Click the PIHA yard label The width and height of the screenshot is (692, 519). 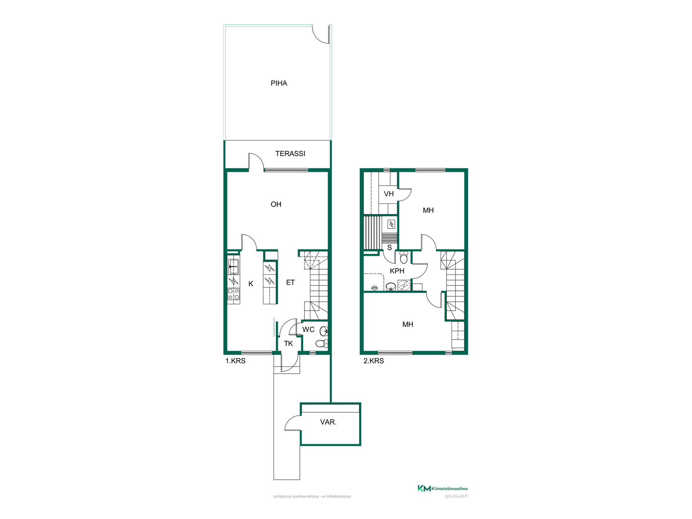[279, 83]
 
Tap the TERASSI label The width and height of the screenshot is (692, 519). [290, 154]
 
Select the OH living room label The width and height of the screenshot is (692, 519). [276, 204]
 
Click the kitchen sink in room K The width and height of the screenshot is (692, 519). [234, 267]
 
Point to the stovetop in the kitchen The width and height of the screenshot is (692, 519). [234, 294]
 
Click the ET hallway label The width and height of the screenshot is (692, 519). [290, 283]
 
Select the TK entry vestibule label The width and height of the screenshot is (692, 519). [288, 343]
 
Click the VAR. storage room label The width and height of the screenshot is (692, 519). [328, 422]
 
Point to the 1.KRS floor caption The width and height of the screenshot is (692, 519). [235, 361]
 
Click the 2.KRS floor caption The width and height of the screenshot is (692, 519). [373, 361]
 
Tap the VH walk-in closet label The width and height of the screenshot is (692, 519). [389, 194]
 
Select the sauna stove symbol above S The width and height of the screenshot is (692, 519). [391, 224]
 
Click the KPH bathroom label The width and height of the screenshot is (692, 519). [397, 271]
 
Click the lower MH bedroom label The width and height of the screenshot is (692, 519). [408, 324]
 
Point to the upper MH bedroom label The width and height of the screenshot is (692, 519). [428, 210]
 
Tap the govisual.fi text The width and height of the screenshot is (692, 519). [456, 496]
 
